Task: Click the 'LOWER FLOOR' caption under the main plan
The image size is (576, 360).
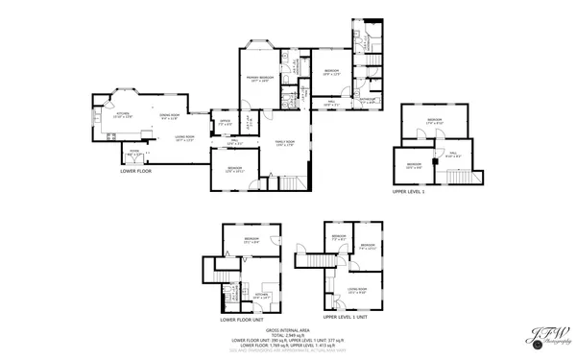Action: coord(135,171)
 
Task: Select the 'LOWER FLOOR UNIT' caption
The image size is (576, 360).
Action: coord(241,320)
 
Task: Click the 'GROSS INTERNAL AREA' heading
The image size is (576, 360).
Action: coord(289,329)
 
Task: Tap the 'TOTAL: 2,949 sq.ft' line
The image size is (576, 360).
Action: coord(289,334)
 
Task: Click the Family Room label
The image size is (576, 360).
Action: coord(285,143)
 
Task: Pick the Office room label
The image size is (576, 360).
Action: coord(225,123)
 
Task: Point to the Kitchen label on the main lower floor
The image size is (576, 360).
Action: coord(123,114)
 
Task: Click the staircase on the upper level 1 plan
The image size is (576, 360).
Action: coord(462,178)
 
